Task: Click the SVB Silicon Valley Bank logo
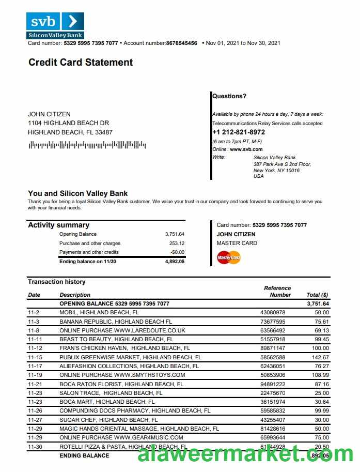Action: pyautogui.click(x=55, y=25)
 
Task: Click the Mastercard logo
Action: pyautogui.click(x=229, y=257)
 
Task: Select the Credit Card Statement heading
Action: pyautogui.click(x=81, y=63)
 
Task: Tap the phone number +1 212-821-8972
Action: pyautogui.click(x=239, y=132)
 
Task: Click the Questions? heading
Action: pyautogui.click(x=229, y=96)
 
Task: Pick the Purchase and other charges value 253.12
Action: pyautogui.click(x=177, y=243)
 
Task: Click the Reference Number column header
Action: pyautogui.click(x=278, y=292)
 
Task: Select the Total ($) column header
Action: pyautogui.click(x=317, y=295)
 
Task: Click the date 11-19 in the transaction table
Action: pyautogui.click(x=34, y=375)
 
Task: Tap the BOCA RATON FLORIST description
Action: pyautogui.click(x=121, y=384)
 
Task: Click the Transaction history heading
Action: pyautogui.click(x=57, y=282)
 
